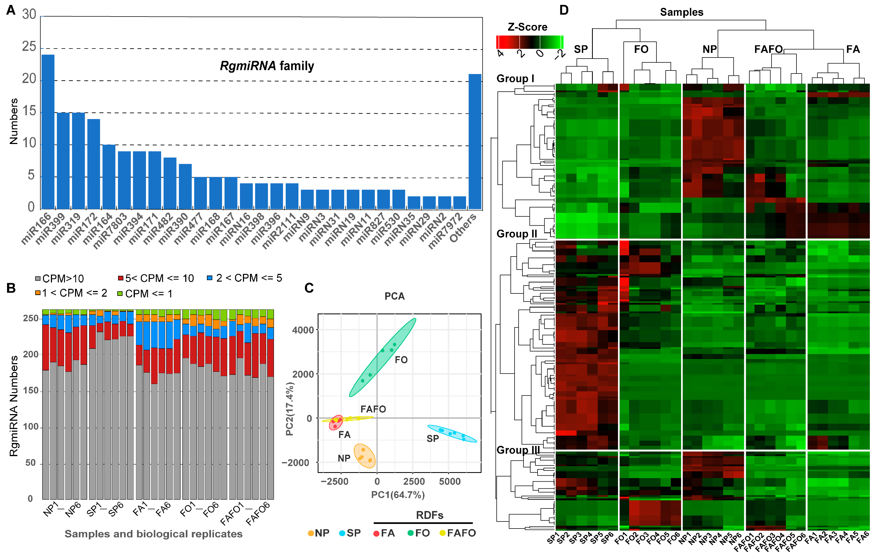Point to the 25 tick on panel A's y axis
pyautogui.click(x=29, y=47)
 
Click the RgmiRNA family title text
pyautogui.click(x=267, y=66)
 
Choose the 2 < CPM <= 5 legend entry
pyautogui.click(x=244, y=278)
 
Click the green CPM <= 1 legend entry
pyautogui.click(x=145, y=294)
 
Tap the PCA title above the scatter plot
pyautogui.click(x=394, y=296)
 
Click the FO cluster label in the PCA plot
pyautogui.click(x=401, y=360)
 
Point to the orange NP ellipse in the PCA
pyautogui.click(x=365, y=456)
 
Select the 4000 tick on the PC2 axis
pyautogui.click(x=303, y=330)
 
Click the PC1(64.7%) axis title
pyautogui.click(x=398, y=495)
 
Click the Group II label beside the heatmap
pyautogui.click(x=516, y=233)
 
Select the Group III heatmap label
pyautogui.click(x=518, y=450)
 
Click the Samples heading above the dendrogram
pyautogui.click(x=681, y=12)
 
